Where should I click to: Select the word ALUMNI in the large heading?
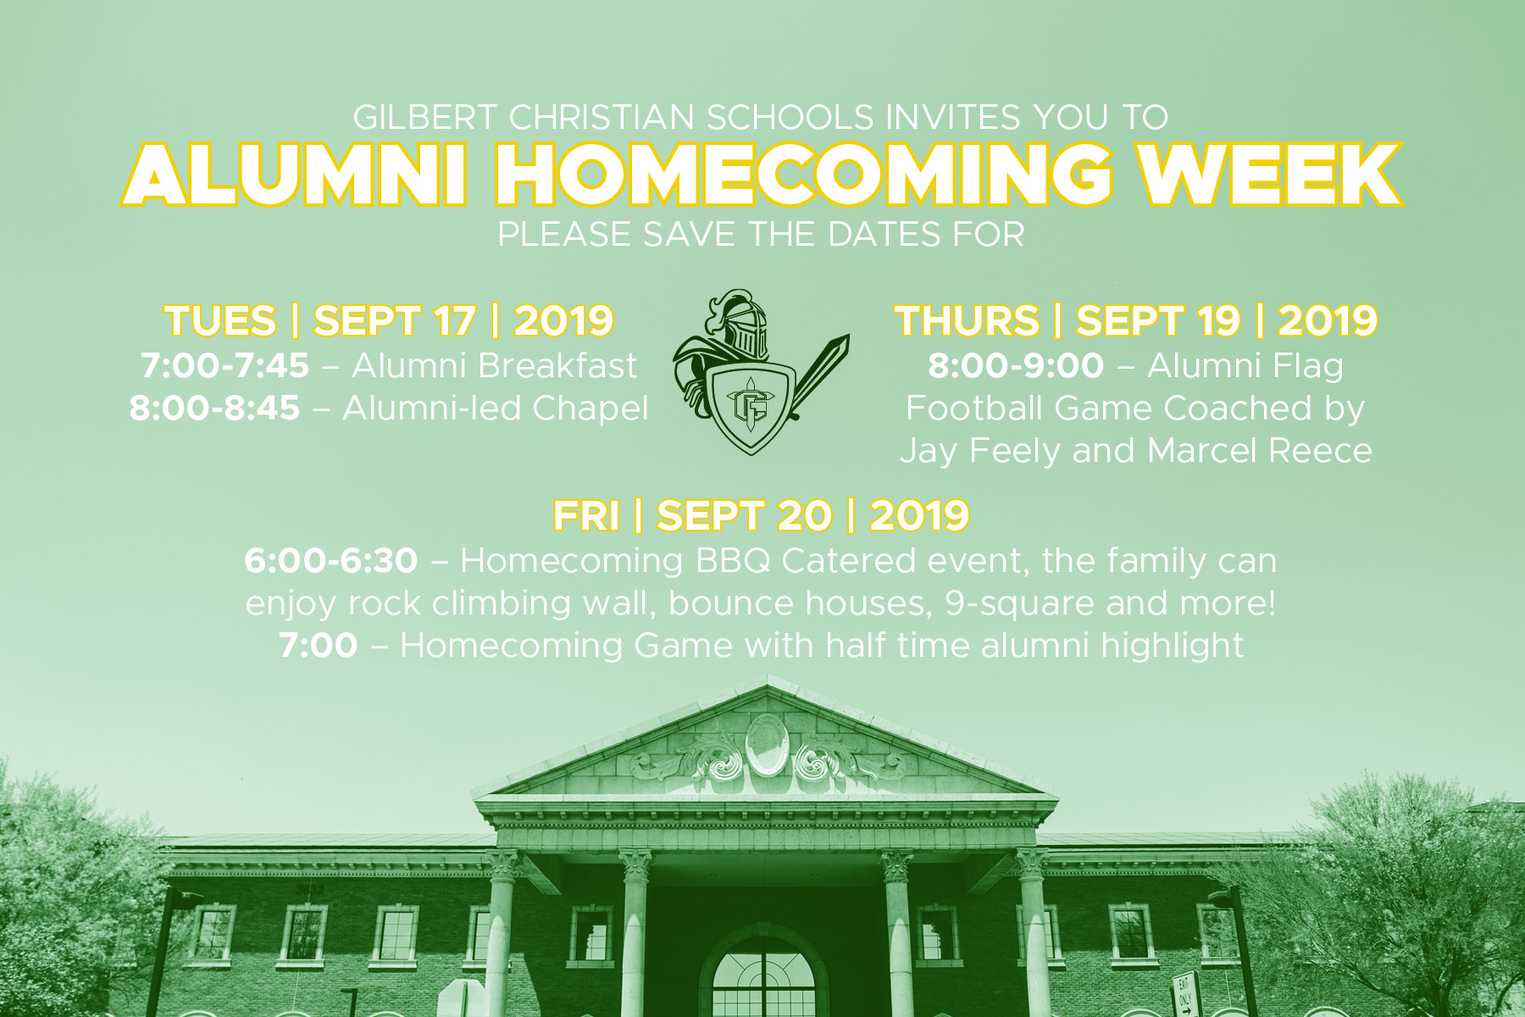296,174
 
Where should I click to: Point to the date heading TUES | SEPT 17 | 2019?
389,320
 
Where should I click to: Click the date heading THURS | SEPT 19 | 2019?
1136,320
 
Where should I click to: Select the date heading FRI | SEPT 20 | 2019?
761,515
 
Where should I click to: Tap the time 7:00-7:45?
225,366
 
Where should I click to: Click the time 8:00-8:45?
214,408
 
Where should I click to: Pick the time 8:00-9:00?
1016,366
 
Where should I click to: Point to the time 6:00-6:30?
331,561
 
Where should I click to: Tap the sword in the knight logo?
818,377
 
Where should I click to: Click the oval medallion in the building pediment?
767,745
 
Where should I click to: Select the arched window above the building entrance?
766,975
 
